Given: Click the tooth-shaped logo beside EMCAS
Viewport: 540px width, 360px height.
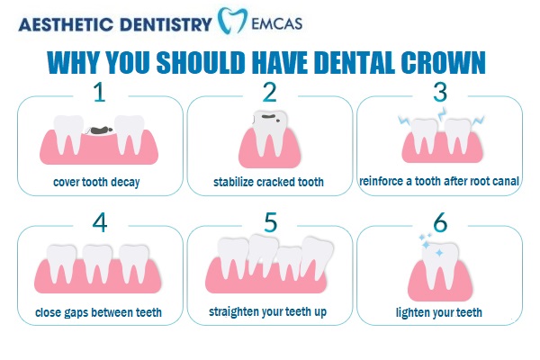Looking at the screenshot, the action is [x=232, y=21].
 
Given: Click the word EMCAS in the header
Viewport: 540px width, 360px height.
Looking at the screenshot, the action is [x=276, y=23].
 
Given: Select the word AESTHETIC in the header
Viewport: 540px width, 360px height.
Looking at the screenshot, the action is [x=66, y=24].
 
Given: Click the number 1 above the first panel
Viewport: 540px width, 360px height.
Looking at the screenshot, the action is [x=100, y=92].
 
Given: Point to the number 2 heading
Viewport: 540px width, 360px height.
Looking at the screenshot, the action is [x=269, y=92].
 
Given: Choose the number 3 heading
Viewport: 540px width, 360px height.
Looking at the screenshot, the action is [x=440, y=92].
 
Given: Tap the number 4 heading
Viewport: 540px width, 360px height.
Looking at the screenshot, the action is [x=100, y=222].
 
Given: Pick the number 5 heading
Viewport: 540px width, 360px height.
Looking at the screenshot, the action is [x=270, y=222].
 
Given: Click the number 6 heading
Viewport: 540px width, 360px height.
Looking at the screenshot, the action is [x=440, y=222].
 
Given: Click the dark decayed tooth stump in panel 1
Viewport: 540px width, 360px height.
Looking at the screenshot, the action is [x=100, y=130].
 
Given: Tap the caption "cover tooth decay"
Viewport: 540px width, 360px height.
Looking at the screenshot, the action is [x=96, y=182].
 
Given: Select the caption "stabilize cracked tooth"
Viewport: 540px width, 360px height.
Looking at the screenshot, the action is [x=268, y=182].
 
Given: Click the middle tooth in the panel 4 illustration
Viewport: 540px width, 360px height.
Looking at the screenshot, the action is [x=97, y=264].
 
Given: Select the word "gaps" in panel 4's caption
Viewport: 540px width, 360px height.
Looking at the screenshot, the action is [x=74, y=313].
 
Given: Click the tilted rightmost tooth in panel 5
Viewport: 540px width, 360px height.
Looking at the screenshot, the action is [x=316, y=258].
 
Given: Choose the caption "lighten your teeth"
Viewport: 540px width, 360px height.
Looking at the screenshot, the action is [x=439, y=312].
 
